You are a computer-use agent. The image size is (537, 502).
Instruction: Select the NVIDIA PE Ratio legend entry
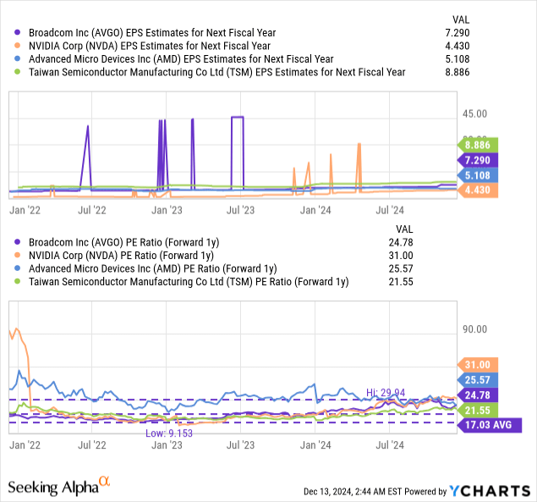pyautogui.click(x=119, y=255)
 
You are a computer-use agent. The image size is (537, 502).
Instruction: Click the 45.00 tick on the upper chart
pyautogui.click(x=474, y=113)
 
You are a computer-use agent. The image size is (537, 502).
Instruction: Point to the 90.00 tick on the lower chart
pyautogui.click(x=474, y=329)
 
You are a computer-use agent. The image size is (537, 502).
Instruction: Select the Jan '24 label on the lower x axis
pyautogui.click(x=315, y=443)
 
